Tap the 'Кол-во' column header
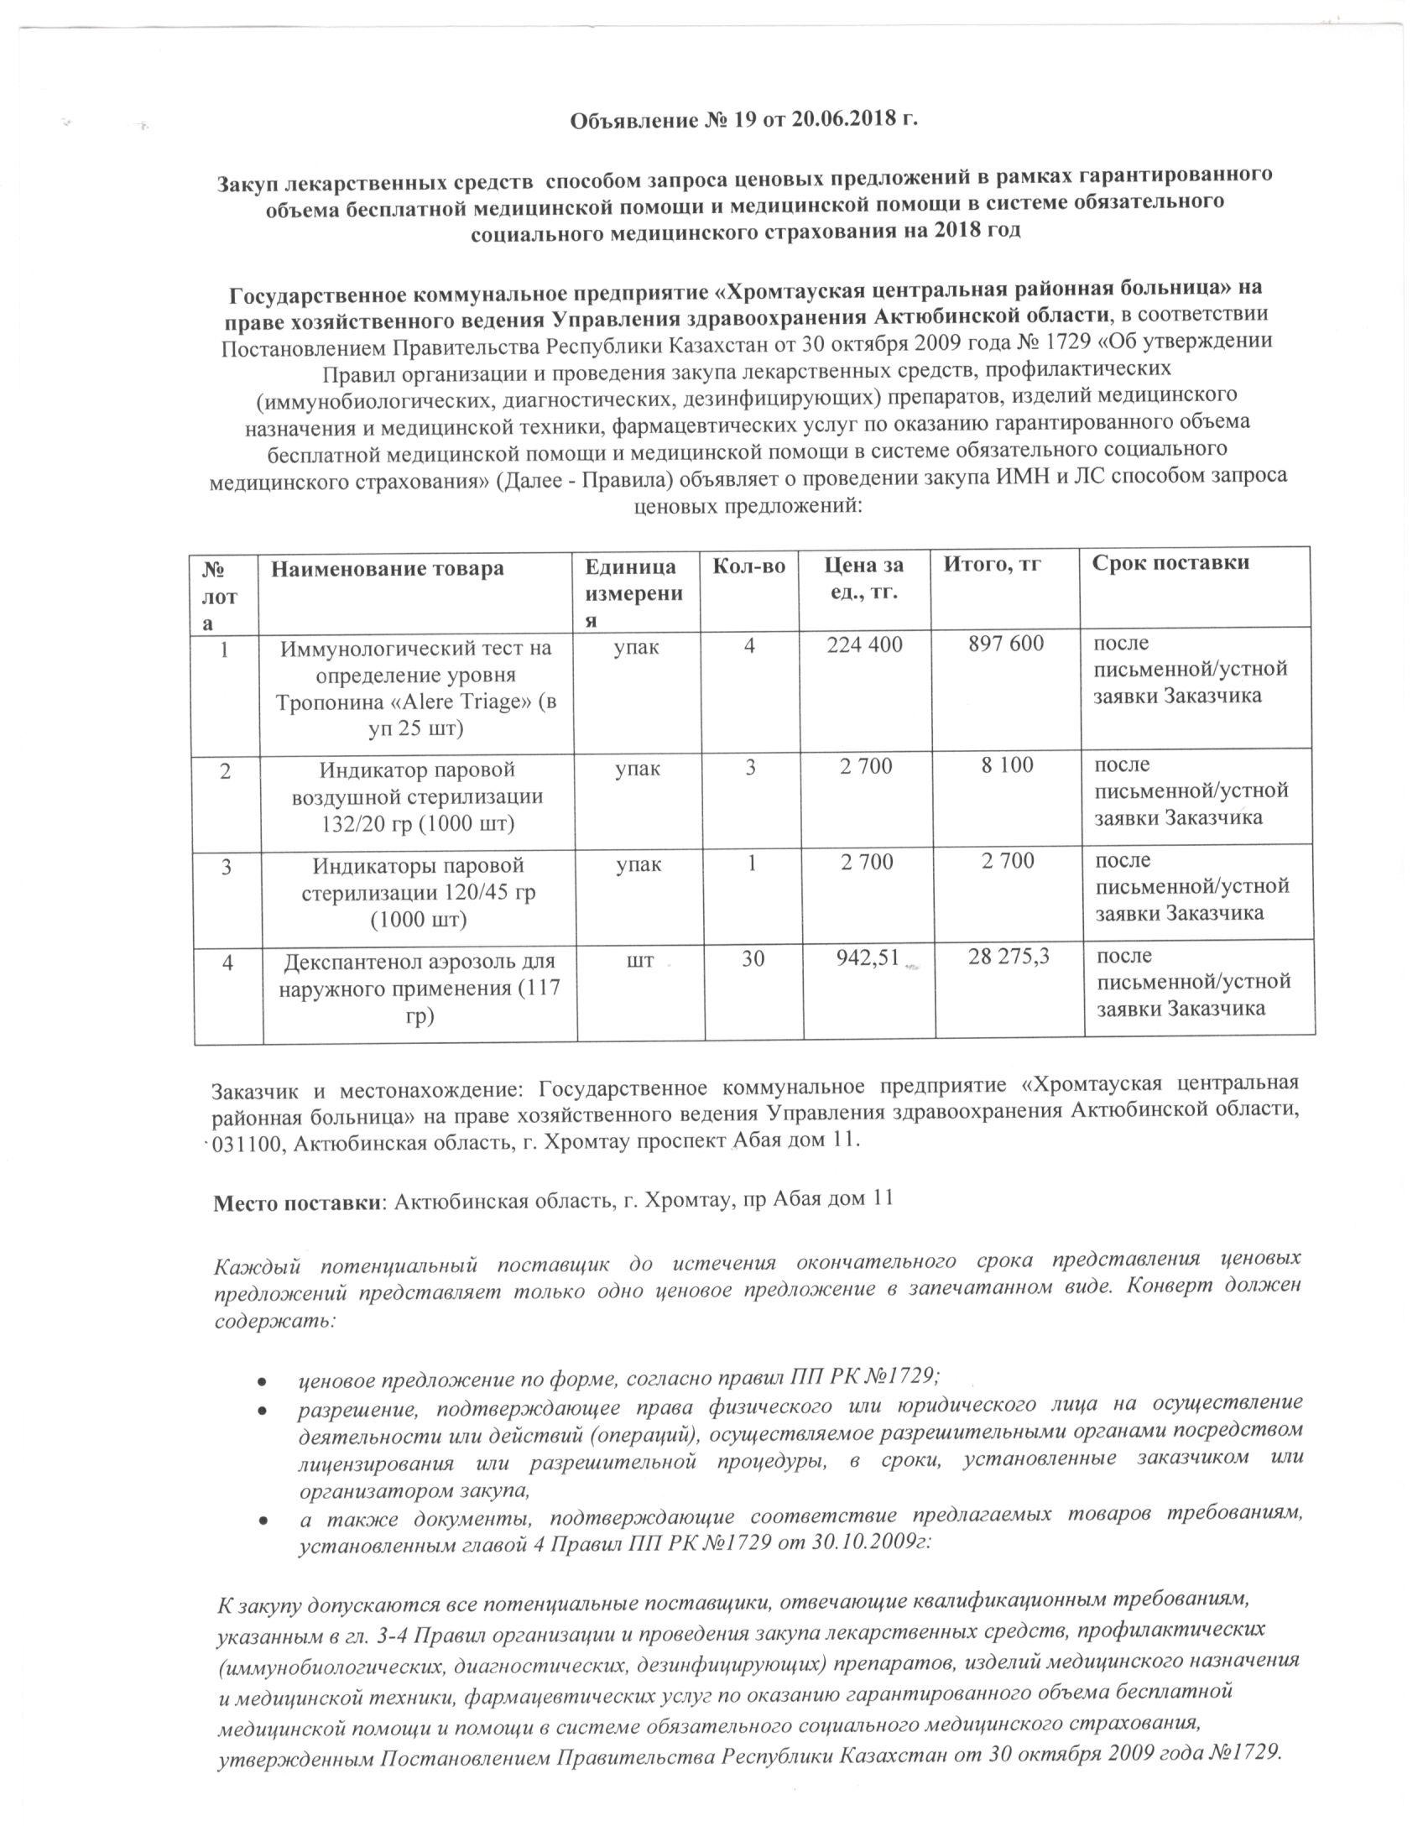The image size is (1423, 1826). click(x=748, y=566)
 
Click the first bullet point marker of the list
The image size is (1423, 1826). click(x=263, y=1380)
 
